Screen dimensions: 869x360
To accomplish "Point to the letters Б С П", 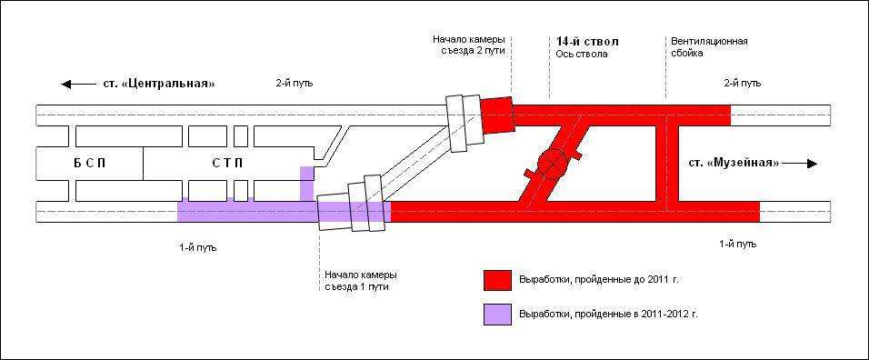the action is (x=89, y=164).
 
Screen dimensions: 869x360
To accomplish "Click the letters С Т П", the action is (x=227, y=164).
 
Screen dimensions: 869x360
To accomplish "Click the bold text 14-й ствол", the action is (x=587, y=42).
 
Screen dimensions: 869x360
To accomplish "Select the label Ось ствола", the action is (x=582, y=55).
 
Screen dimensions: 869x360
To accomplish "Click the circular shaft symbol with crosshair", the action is (x=552, y=163).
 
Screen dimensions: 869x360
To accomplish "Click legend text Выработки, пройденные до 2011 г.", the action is (x=598, y=280).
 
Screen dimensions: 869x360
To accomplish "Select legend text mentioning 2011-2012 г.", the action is (x=608, y=314).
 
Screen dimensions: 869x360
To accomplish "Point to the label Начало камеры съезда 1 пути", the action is (x=361, y=281).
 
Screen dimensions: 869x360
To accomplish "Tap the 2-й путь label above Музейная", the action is (x=743, y=83).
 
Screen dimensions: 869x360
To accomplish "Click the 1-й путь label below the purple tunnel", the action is (x=198, y=247).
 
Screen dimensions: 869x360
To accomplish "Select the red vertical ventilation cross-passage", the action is (x=671, y=159).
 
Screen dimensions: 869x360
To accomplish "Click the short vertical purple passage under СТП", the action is (x=306, y=184).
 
